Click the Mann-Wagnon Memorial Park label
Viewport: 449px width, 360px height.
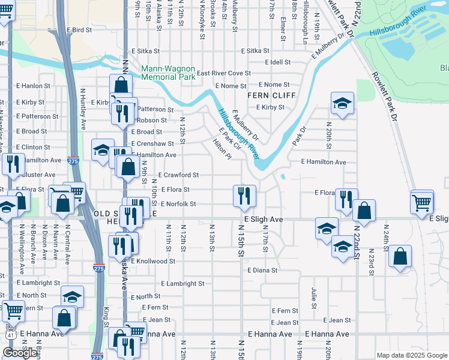pos(168,73)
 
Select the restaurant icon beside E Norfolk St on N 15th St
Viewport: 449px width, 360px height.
pos(244,196)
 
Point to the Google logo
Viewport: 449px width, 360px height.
pos(20,353)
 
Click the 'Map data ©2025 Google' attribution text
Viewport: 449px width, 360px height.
pos(412,355)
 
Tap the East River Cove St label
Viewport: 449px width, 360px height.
pos(223,73)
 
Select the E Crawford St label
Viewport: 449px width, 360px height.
pos(178,175)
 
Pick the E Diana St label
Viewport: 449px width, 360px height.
pos(262,270)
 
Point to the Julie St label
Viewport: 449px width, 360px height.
pos(315,295)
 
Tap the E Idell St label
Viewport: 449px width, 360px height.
pos(277,62)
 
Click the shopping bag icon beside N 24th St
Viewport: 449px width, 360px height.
pos(400,257)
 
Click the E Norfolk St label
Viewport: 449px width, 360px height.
pos(178,204)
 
